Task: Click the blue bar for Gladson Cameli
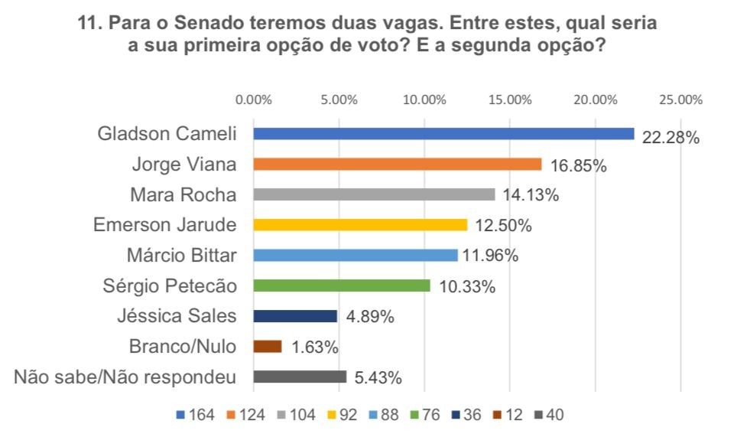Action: coord(443,134)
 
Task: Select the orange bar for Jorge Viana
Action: coord(397,165)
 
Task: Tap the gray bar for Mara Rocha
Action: coord(374,194)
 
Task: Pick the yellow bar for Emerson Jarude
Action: coord(360,225)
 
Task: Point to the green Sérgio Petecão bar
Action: coord(342,285)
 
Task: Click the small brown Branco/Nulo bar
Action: coord(267,347)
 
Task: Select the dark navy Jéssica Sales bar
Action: coord(295,316)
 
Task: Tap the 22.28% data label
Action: coord(671,139)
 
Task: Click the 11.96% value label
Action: coord(490,256)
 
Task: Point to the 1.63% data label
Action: coord(313,347)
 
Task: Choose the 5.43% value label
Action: coord(376,377)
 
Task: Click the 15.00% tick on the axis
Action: coord(509,99)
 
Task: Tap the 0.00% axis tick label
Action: coord(254,99)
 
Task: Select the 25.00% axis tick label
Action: coord(680,99)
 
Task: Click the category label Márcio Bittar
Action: coord(181,256)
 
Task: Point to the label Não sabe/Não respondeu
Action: coord(125,377)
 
